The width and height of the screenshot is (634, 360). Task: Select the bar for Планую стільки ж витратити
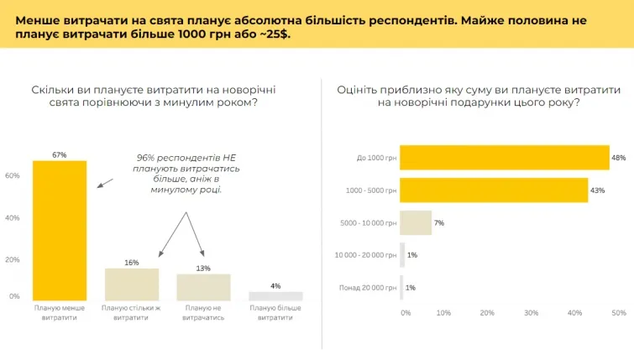132,284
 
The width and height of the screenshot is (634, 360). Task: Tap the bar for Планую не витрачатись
203,286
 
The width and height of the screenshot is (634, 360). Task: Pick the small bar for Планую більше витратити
275,295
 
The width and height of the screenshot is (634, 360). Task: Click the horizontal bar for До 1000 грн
504,158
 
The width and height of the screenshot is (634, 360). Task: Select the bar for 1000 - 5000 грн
493,190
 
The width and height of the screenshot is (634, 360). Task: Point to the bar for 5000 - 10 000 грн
416,222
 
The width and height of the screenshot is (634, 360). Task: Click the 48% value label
619,158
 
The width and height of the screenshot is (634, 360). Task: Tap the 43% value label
597,190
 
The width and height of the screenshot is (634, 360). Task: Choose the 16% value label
132,263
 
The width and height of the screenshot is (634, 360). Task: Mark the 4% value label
275,285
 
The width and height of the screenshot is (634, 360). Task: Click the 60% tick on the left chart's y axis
13,175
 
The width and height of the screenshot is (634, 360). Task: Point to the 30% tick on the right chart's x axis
531,313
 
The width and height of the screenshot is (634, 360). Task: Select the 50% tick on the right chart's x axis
619,313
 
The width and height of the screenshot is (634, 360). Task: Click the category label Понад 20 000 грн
366,287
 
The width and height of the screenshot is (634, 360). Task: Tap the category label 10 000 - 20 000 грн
365,255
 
